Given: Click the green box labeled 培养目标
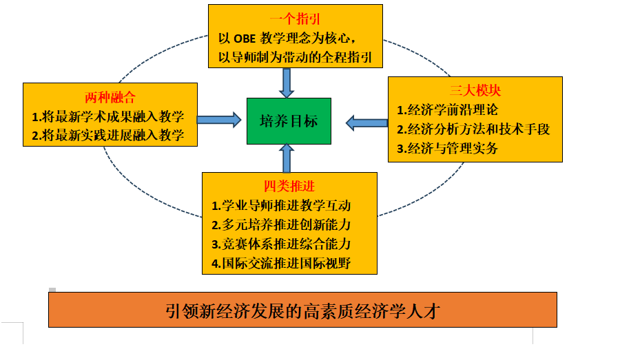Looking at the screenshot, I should pyautogui.click(x=289, y=121).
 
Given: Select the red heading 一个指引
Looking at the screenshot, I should pyautogui.click(x=296, y=19).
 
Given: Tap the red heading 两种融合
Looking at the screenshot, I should pyautogui.click(x=110, y=97).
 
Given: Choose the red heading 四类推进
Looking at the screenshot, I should pyautogui.click(x=289, y=186).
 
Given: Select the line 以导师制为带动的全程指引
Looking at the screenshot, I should pyautogui.click(x=295, y=57).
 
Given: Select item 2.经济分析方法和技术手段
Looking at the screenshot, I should pyautogui.click(x=473, y=129).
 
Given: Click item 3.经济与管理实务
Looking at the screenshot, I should pyautogui.click(x=447, y=148).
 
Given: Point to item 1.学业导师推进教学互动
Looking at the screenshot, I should pyautogui.click(x=286, y=206).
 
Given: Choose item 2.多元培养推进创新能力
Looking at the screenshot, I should pyautogui.click(x=286, y=224).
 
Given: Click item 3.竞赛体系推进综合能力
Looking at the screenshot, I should pyautogui.click(x=286, y=244).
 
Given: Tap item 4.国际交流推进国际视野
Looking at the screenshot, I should pyautogui.click(x=286, y=263).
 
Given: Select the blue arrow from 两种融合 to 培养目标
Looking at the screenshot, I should pyautogui.click(x=219, y=119).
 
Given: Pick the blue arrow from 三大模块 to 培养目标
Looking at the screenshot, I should pyautogui.click(x=366, y=123).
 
